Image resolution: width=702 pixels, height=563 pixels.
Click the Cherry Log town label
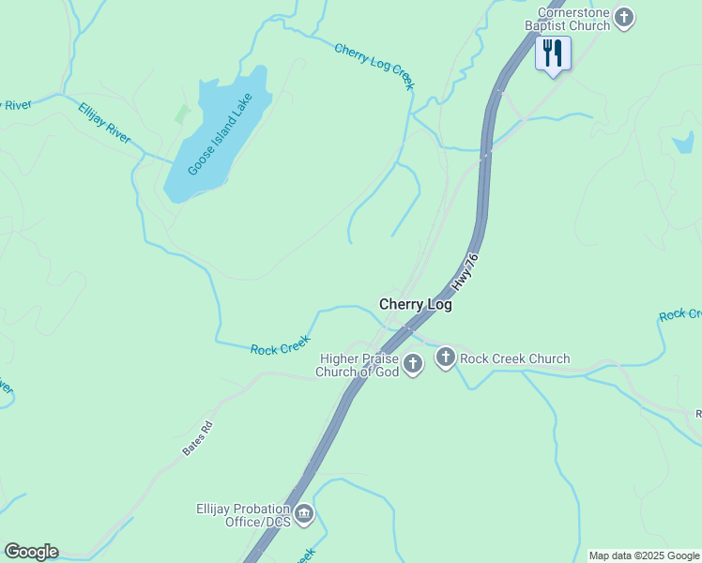click(x=415, y=305)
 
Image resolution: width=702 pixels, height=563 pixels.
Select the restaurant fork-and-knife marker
click(x=553, y=53)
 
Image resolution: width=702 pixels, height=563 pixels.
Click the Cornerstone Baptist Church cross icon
click(x=624, y=16)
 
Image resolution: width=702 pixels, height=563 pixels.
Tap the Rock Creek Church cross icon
click(x=445, y=358)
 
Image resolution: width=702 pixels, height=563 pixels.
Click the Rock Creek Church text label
click(x=514, y=358)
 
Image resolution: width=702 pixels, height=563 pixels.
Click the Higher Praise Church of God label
click(x=359, y=365)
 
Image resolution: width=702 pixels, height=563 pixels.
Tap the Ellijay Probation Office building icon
click(x=303, y=513)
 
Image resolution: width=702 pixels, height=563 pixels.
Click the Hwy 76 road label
click(x=465, y=270)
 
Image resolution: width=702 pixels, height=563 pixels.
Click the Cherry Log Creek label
click(x=374, y=65)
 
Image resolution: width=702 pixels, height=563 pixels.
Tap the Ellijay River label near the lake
click(x=104, y=122)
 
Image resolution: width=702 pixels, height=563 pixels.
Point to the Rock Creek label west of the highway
click(x=280, y=347)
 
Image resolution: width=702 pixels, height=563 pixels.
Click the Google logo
click(x=31, y=552)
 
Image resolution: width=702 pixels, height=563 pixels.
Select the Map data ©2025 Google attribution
click(x=644, y=555)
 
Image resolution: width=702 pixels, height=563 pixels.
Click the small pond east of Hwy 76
click(x=683, y=143)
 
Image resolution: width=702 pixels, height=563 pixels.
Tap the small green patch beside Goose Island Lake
click(x=182, y=115)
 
